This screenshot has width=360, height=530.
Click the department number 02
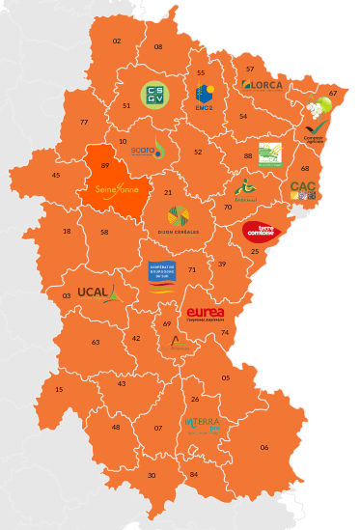point(117,42)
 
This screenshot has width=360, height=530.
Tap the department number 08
point(158,46)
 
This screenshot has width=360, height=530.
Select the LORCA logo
point(263,85)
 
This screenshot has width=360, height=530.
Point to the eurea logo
point(206,315)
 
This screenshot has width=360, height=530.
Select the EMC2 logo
point(204,96)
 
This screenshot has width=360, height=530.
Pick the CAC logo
point(303,190)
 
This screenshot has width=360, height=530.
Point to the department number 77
point(84,123)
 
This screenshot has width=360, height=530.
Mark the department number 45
point(56,176)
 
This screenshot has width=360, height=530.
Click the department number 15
point(59,389)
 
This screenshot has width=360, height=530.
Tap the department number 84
point(194,474)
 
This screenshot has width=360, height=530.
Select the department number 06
point(264,447)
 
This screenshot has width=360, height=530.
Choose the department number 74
point(225,333)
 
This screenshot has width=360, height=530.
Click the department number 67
point(333,94)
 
